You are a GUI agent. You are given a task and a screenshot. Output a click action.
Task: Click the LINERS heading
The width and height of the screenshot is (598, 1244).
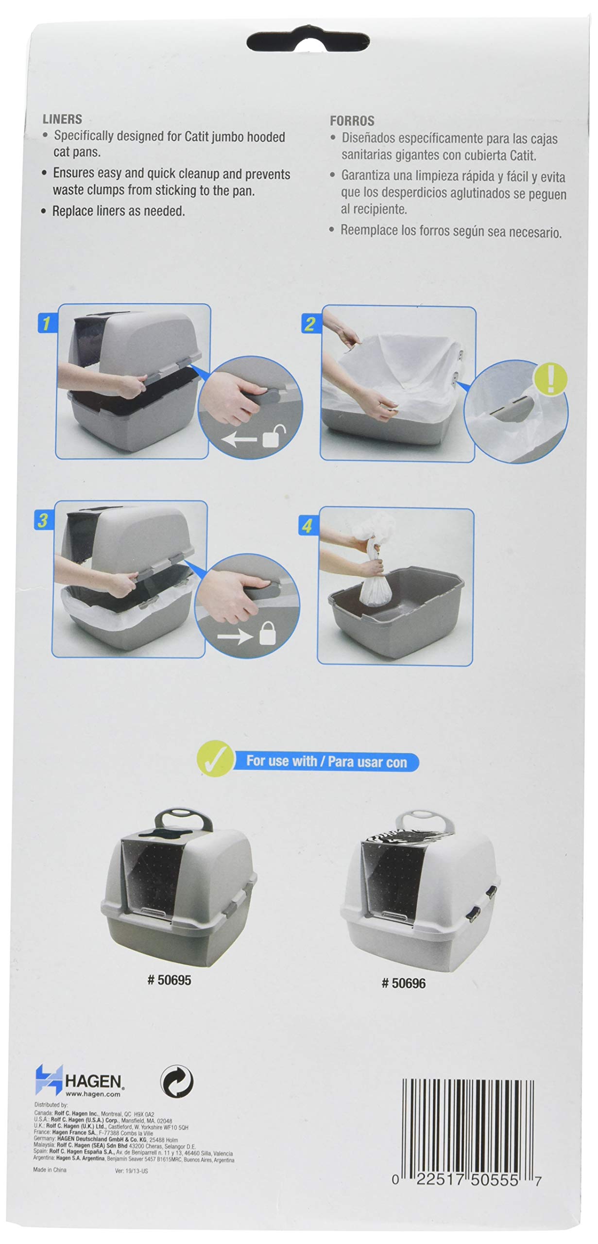[62, 119]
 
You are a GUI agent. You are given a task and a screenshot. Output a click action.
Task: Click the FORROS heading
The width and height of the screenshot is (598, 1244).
[352, 121]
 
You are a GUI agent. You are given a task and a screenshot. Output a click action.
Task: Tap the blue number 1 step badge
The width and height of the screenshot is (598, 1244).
[46, 323]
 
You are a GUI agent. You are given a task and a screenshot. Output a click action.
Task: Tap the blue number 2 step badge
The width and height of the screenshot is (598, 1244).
[309, 324]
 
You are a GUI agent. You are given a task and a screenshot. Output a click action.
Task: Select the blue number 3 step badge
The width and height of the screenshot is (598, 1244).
[43, 520]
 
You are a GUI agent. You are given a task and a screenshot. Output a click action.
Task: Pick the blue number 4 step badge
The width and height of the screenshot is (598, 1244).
[307, 526]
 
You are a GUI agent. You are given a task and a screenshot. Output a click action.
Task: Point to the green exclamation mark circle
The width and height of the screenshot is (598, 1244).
[550, 379]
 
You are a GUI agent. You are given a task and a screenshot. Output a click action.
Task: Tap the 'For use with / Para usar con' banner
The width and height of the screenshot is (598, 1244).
[326, 761]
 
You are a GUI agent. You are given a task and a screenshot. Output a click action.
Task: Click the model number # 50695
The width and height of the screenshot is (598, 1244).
[169, 980]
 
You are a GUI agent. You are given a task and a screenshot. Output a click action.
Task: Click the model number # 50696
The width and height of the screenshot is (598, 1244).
[403, 983]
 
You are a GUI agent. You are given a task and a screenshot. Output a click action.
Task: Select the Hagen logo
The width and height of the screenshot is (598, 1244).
[78, 1081]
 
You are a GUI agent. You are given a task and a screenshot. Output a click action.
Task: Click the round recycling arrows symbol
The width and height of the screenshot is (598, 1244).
[177, 1082]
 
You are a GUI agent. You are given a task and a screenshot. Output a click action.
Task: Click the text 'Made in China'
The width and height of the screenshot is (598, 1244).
[50, 1170]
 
